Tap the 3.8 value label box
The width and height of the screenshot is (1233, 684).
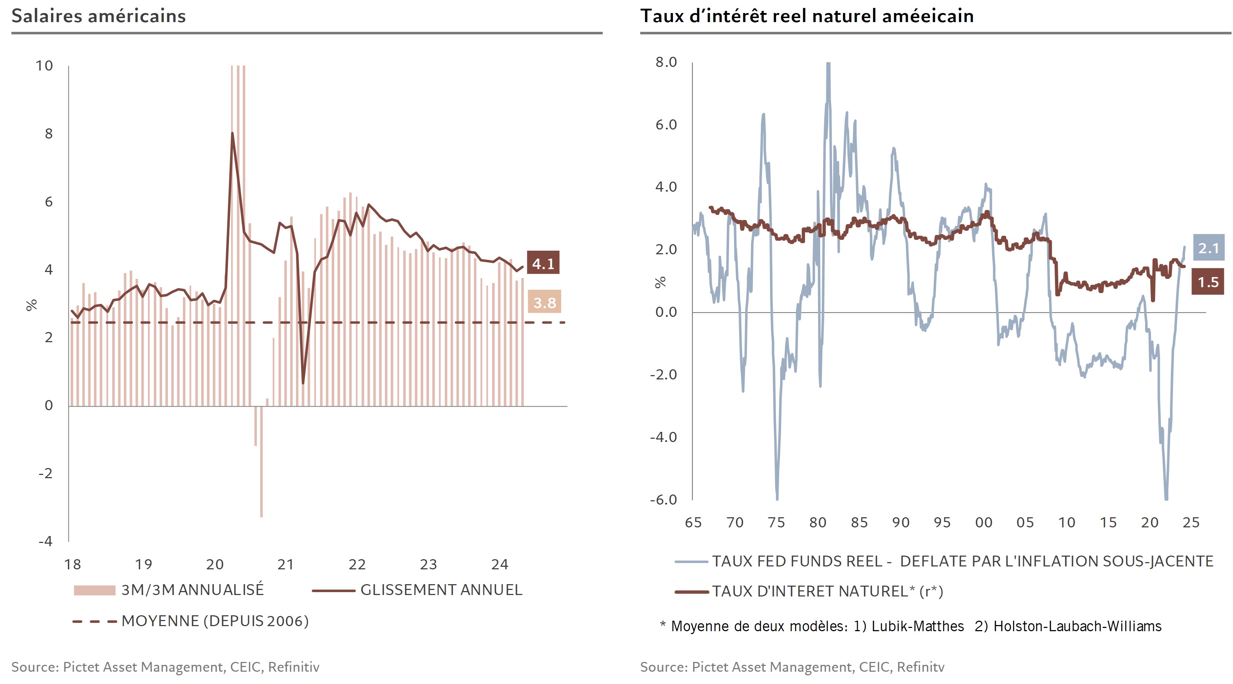[x=544, y=302]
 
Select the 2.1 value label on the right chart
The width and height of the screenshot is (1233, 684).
[x=1208, y=248]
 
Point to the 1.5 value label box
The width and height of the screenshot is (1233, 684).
[x=1208, y=282]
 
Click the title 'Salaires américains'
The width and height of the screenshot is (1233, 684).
[x=99, y=16]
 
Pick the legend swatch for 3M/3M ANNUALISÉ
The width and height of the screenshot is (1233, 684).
[x=94, y=590]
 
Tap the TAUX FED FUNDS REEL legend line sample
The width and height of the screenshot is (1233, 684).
[x=691, y=561]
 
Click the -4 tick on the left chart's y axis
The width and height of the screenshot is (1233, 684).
[x=46, y=541]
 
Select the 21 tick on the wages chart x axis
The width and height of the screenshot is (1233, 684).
[x=286, y=565]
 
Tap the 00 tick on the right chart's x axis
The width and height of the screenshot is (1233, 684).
[x=984, y=522]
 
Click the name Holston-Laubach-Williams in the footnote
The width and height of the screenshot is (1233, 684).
[x=1077, y=626]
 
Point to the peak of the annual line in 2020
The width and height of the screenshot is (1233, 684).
[x=233, y=133]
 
